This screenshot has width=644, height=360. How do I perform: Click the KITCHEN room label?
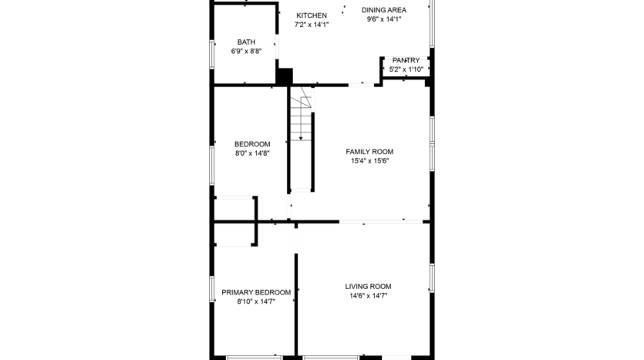(x=312, y=15)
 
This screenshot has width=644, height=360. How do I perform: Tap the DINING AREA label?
(x=384, y=10)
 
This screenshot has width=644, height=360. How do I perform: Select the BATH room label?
(x=246, y=42)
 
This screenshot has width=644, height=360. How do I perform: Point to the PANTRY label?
(x=406, y=60)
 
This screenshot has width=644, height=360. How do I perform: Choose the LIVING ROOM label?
(x=368, y=286)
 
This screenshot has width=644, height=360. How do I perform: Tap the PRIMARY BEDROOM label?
(x=256, y=292)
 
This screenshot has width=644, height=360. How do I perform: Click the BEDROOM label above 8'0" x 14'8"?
(x=252, y=144)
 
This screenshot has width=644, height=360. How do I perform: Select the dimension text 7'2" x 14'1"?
(x=312, y=25)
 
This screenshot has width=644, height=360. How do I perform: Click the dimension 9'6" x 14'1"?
(x=384, y=19)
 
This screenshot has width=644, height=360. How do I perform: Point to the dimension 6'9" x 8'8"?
(x=246, y=52)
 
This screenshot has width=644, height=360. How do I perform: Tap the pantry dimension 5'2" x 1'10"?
(x=406, y=69)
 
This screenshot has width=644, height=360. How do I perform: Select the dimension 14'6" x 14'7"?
(x=368, y=295)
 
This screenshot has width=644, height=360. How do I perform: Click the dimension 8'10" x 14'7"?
(x=256, y=301)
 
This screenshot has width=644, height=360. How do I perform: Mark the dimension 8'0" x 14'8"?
(x=252, y=153)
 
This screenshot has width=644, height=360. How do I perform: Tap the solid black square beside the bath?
(x=285, y=76)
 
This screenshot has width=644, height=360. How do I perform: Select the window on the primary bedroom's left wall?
(x=213, y=288)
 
